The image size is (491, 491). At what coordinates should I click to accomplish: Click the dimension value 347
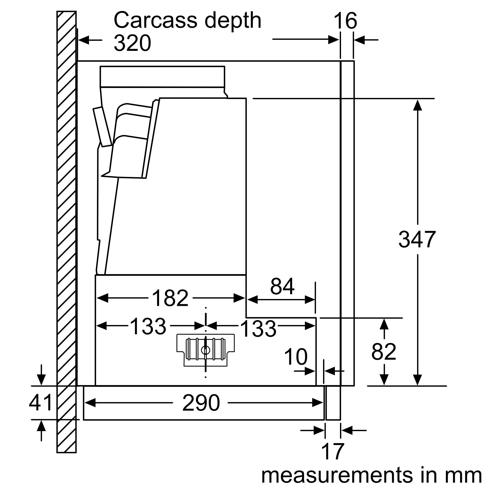(x=417, y=239)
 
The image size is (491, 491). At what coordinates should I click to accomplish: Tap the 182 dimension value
(x=170, y=298)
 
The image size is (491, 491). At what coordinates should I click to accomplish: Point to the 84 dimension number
(x=282, y=286)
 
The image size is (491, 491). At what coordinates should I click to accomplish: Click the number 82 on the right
(x=383, y=352)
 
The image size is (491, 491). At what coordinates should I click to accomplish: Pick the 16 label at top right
(x=345, y=21)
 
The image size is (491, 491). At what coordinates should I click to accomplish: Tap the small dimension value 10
(x=296, y=357)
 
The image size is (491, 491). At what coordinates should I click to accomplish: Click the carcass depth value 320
(x=132, y=43)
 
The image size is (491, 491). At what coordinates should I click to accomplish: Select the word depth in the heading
(x=233, y=20)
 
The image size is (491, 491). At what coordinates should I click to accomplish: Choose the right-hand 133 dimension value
(x=258, y=329)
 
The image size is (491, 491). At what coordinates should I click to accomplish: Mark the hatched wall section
(x=66, y=229)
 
